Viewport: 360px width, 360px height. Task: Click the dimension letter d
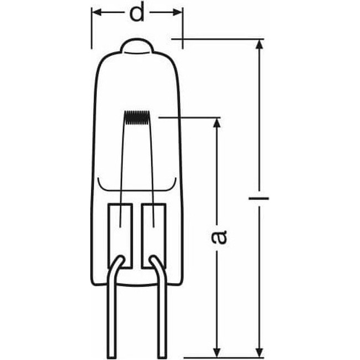[x=137, y=12]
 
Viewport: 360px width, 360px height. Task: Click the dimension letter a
[x=219, y=238]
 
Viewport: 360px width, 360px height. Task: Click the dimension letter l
[x=259, y=198]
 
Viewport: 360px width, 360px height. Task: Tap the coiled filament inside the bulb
[x=137, y=117]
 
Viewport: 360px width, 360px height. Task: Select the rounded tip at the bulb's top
[x=137, y=45]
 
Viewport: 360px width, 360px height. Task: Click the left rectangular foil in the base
[x=120, y=235]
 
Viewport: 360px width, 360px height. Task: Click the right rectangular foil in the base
[x=153, y=235]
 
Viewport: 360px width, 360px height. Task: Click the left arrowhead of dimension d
[x=96, y=12]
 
